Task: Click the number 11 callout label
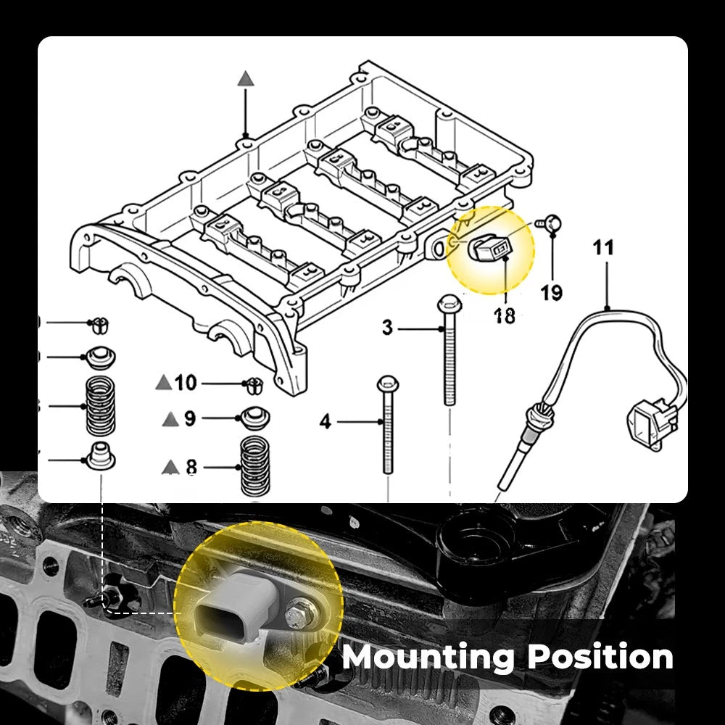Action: [x=602, y=248]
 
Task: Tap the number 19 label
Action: [x=552, y=293]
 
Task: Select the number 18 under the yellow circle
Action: [x=505, y=316]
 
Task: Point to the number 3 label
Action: [x=388, y=328]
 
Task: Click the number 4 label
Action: [x=326, y=420]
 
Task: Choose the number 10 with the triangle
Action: [x=186, y=382]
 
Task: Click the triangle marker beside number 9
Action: [x=171, y=418]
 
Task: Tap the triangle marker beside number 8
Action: [x=171, y=465]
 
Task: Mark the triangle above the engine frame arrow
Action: [x=246, y=79]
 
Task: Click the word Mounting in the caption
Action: [x=428, y=657]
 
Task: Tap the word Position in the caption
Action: [x=600, y=657]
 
